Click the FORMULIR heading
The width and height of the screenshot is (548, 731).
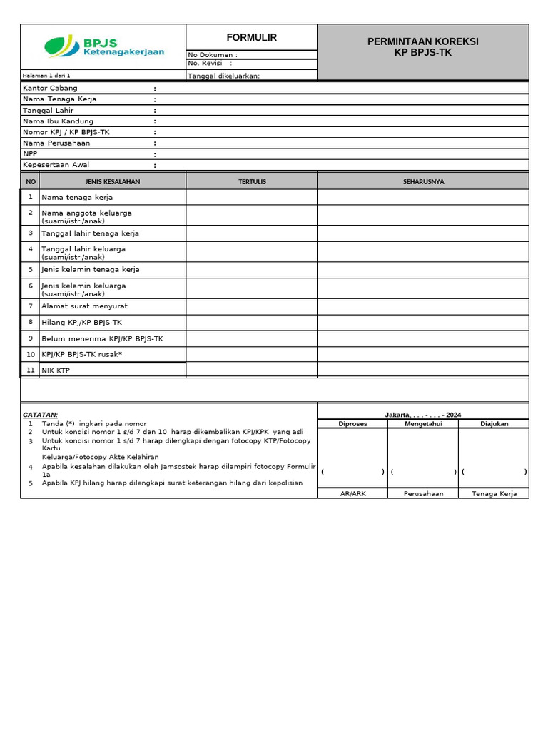(251, 37)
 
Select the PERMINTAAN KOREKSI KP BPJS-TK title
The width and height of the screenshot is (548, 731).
(422, 46)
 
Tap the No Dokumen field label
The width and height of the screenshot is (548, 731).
(212, 55)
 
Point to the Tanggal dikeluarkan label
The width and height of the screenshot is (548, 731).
(223, 76)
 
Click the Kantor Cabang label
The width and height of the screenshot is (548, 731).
(50, 88)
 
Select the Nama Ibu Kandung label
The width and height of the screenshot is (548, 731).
(58, 121)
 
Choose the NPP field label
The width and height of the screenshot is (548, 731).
(30, 154)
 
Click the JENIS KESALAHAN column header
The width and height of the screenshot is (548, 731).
(113, 181)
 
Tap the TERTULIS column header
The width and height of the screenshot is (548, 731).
(252, 181)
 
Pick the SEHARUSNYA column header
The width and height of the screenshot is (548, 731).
(423, 181)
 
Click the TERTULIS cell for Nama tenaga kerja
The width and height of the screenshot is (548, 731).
(252, 197)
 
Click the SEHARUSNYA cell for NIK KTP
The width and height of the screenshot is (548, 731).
(423, 370)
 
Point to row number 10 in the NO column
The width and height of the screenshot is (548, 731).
(31, 354)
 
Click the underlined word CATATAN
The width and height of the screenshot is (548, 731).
(40, 415)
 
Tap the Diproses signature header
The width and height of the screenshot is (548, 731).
(352, 423)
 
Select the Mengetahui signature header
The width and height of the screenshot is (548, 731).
(423, 423)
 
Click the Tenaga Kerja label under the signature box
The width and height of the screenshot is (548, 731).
(494, 494)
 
